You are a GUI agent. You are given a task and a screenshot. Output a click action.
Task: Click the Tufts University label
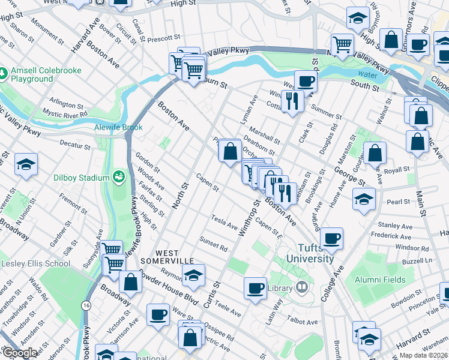[x=315, y=253]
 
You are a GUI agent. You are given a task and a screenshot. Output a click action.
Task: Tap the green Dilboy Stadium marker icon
[x=119, y=177]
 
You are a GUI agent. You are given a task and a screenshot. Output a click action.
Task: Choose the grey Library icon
[x=301, y=288]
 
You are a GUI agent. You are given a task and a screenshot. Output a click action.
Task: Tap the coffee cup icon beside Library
[x=256, y=287]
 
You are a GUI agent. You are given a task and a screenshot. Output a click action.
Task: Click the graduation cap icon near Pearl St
[x=364, y=199]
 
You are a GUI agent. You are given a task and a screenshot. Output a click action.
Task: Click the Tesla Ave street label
[x=224, y=223]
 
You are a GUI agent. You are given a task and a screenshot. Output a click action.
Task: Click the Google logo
[x=20, y=353]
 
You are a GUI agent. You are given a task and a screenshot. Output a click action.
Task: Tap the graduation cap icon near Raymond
[x=193, y=275]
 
